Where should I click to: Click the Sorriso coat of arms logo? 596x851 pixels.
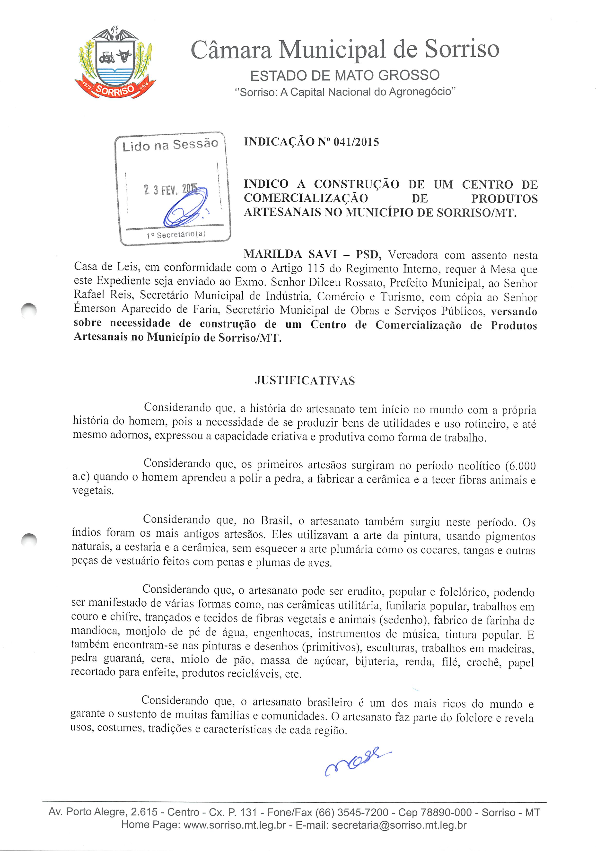(x=115, y=63)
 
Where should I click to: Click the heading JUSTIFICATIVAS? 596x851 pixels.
(x=305, y=381)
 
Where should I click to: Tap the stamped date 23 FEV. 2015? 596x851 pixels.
(x=170, y=190)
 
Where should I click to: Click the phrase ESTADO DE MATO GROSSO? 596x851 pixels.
(x=345, y=76)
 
